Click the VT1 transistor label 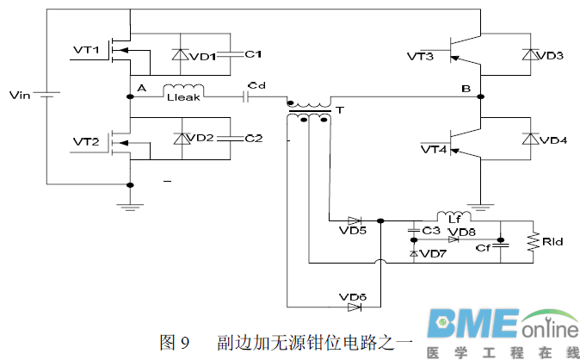tap(87, 50)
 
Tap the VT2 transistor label tap(87, 140)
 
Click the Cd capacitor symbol tap(247, 96)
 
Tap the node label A tap(142, 89)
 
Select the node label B tap(466, 88)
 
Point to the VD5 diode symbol tap(353, 220)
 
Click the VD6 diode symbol tap(353, 306)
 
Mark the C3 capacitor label tap(431, 230)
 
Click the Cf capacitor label tap(484, 248)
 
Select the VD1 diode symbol tap(180, 54)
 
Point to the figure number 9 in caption tap(184, 343)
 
